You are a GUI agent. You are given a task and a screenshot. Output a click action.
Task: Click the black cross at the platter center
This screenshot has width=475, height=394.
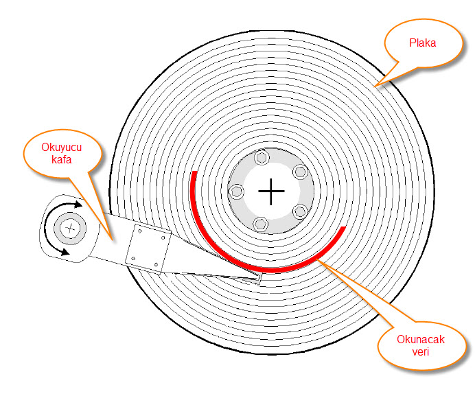pyautogui.click(x=272, y=191)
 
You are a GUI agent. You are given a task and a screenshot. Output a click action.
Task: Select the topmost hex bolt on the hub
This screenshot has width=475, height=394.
pyautogui.click(x=261, y=159)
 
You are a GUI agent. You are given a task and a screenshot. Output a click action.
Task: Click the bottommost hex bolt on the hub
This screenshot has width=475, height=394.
pyautogui.click(x=260, y=222)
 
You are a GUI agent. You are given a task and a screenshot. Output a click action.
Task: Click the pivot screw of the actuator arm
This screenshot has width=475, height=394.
pyautogui.click(x=69, y=228)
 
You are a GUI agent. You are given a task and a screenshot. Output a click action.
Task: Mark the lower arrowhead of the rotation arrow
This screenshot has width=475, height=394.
pyautogui.click(x=67, y=252)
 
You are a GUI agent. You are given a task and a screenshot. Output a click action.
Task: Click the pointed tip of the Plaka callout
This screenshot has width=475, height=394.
pyautogui.click(x=373, y=86)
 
